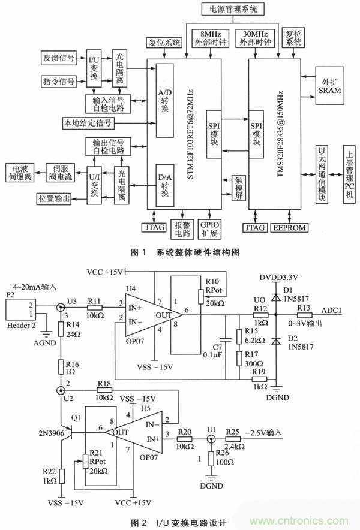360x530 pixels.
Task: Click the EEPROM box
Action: pos(289,227)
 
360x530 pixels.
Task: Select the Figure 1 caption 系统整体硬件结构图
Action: pos(180,252)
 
